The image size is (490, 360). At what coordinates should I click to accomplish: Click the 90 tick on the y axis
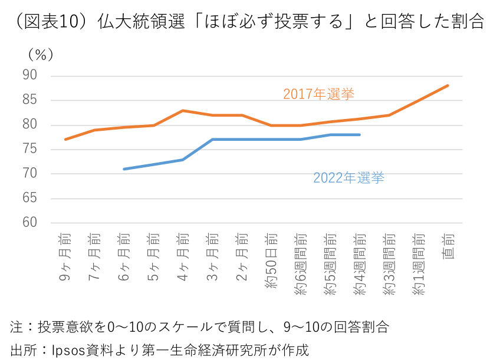[x=30, y=75]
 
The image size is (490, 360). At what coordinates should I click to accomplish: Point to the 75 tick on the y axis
[x=30, y=149]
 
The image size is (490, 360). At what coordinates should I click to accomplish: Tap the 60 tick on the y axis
[x=30, y=223]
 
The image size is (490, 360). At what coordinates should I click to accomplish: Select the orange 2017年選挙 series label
[x=318, y=94]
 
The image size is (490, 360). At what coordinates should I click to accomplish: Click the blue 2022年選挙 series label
[x=348, y=177]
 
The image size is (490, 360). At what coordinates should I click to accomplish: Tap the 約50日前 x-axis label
[x=271, y=259]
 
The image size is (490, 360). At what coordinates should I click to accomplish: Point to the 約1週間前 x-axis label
[x=419, y=264]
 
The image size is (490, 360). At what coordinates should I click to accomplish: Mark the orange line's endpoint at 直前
[x=448, y=85]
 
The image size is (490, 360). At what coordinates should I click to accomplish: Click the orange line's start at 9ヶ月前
[x=65, y=139]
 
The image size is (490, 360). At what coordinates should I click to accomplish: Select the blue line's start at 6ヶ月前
[x=124, y=169]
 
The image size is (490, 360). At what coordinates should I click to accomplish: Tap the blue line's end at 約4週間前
[x=360, y=134]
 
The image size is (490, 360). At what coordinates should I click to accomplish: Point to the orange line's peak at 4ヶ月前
[x=183, y=110]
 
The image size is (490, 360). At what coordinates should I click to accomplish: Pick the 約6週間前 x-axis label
[x=301, y=264]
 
